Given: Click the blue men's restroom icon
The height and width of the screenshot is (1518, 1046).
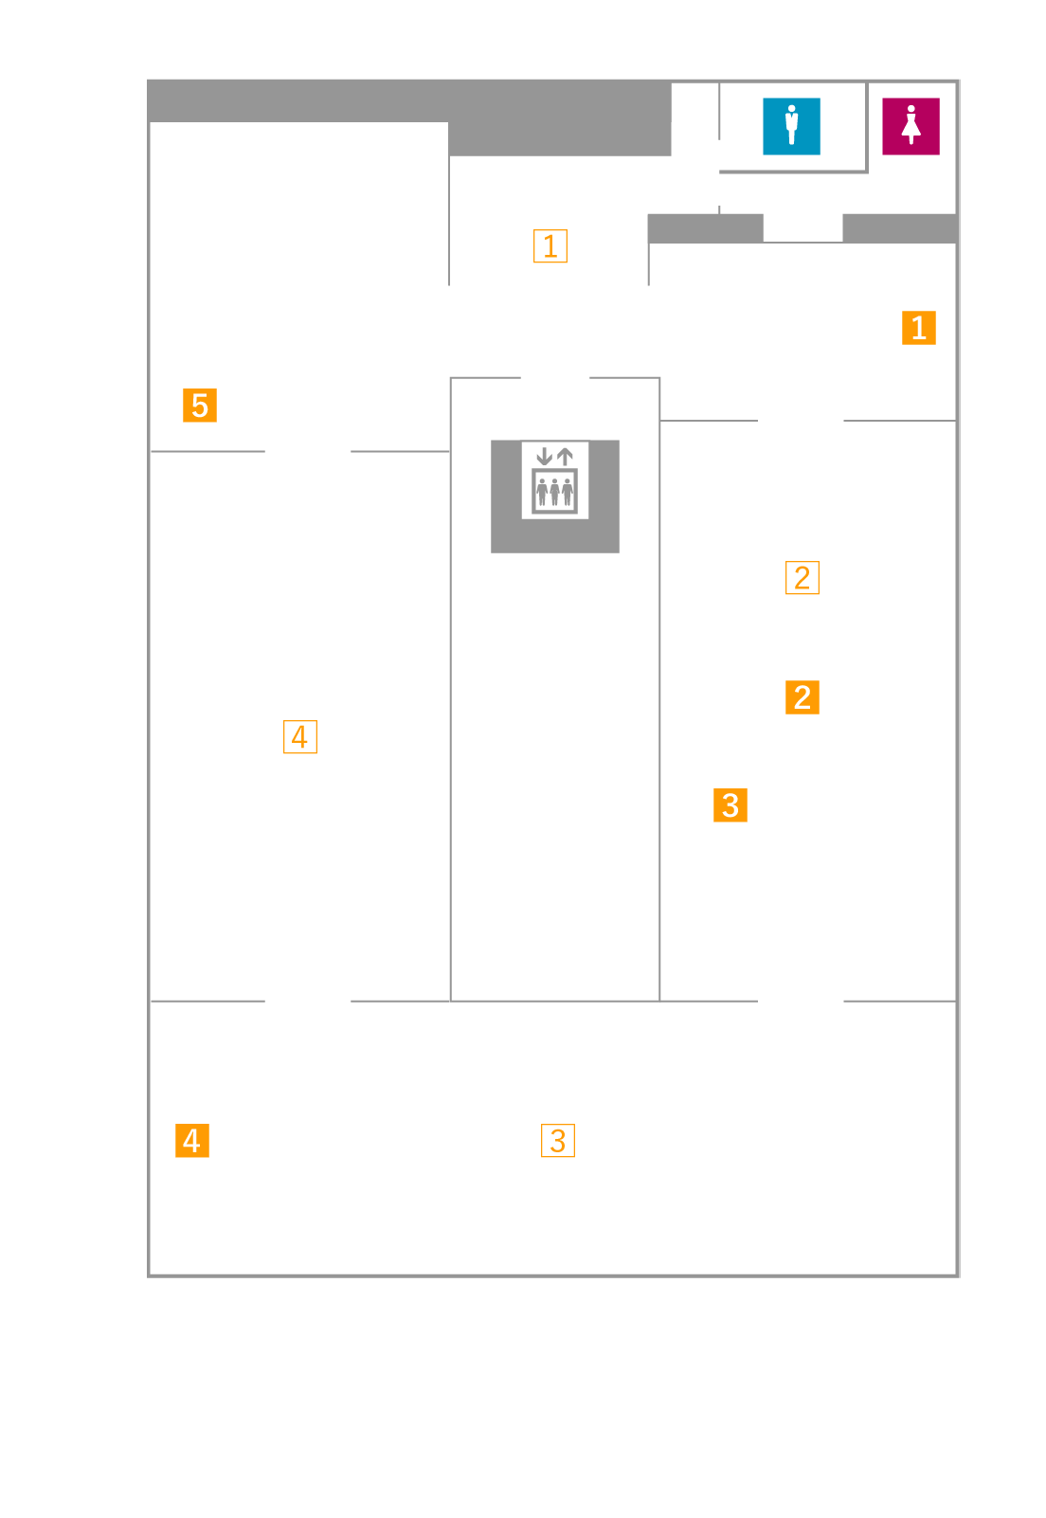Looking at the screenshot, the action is click(779, 125).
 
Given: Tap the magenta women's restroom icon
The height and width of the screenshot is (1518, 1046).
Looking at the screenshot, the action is click(896, 125).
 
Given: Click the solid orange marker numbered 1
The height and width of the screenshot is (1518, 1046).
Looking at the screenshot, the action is click(905, 322).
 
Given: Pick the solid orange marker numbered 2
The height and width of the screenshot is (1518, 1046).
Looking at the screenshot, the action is click(790, 686).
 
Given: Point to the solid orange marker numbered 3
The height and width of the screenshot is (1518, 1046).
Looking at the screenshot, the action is click(719, 793).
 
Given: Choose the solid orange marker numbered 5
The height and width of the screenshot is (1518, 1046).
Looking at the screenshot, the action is click(196, 399).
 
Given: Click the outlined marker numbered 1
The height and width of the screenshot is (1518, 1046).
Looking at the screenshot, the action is click(542, 242).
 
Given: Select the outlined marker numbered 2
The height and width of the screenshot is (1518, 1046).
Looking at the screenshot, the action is click(790, 569).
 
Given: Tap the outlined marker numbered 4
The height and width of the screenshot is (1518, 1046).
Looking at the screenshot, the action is click(296, 725).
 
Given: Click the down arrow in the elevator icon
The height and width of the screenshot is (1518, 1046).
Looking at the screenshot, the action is click(536, 448).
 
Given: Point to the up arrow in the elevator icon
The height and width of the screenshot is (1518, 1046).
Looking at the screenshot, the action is click(556, 448).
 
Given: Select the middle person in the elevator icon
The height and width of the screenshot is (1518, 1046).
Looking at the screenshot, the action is click(546, 484).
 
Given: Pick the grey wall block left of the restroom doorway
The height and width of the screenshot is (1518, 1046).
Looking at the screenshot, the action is click(694, 225).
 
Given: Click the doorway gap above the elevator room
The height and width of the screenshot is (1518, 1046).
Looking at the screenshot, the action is click(546, 372).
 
